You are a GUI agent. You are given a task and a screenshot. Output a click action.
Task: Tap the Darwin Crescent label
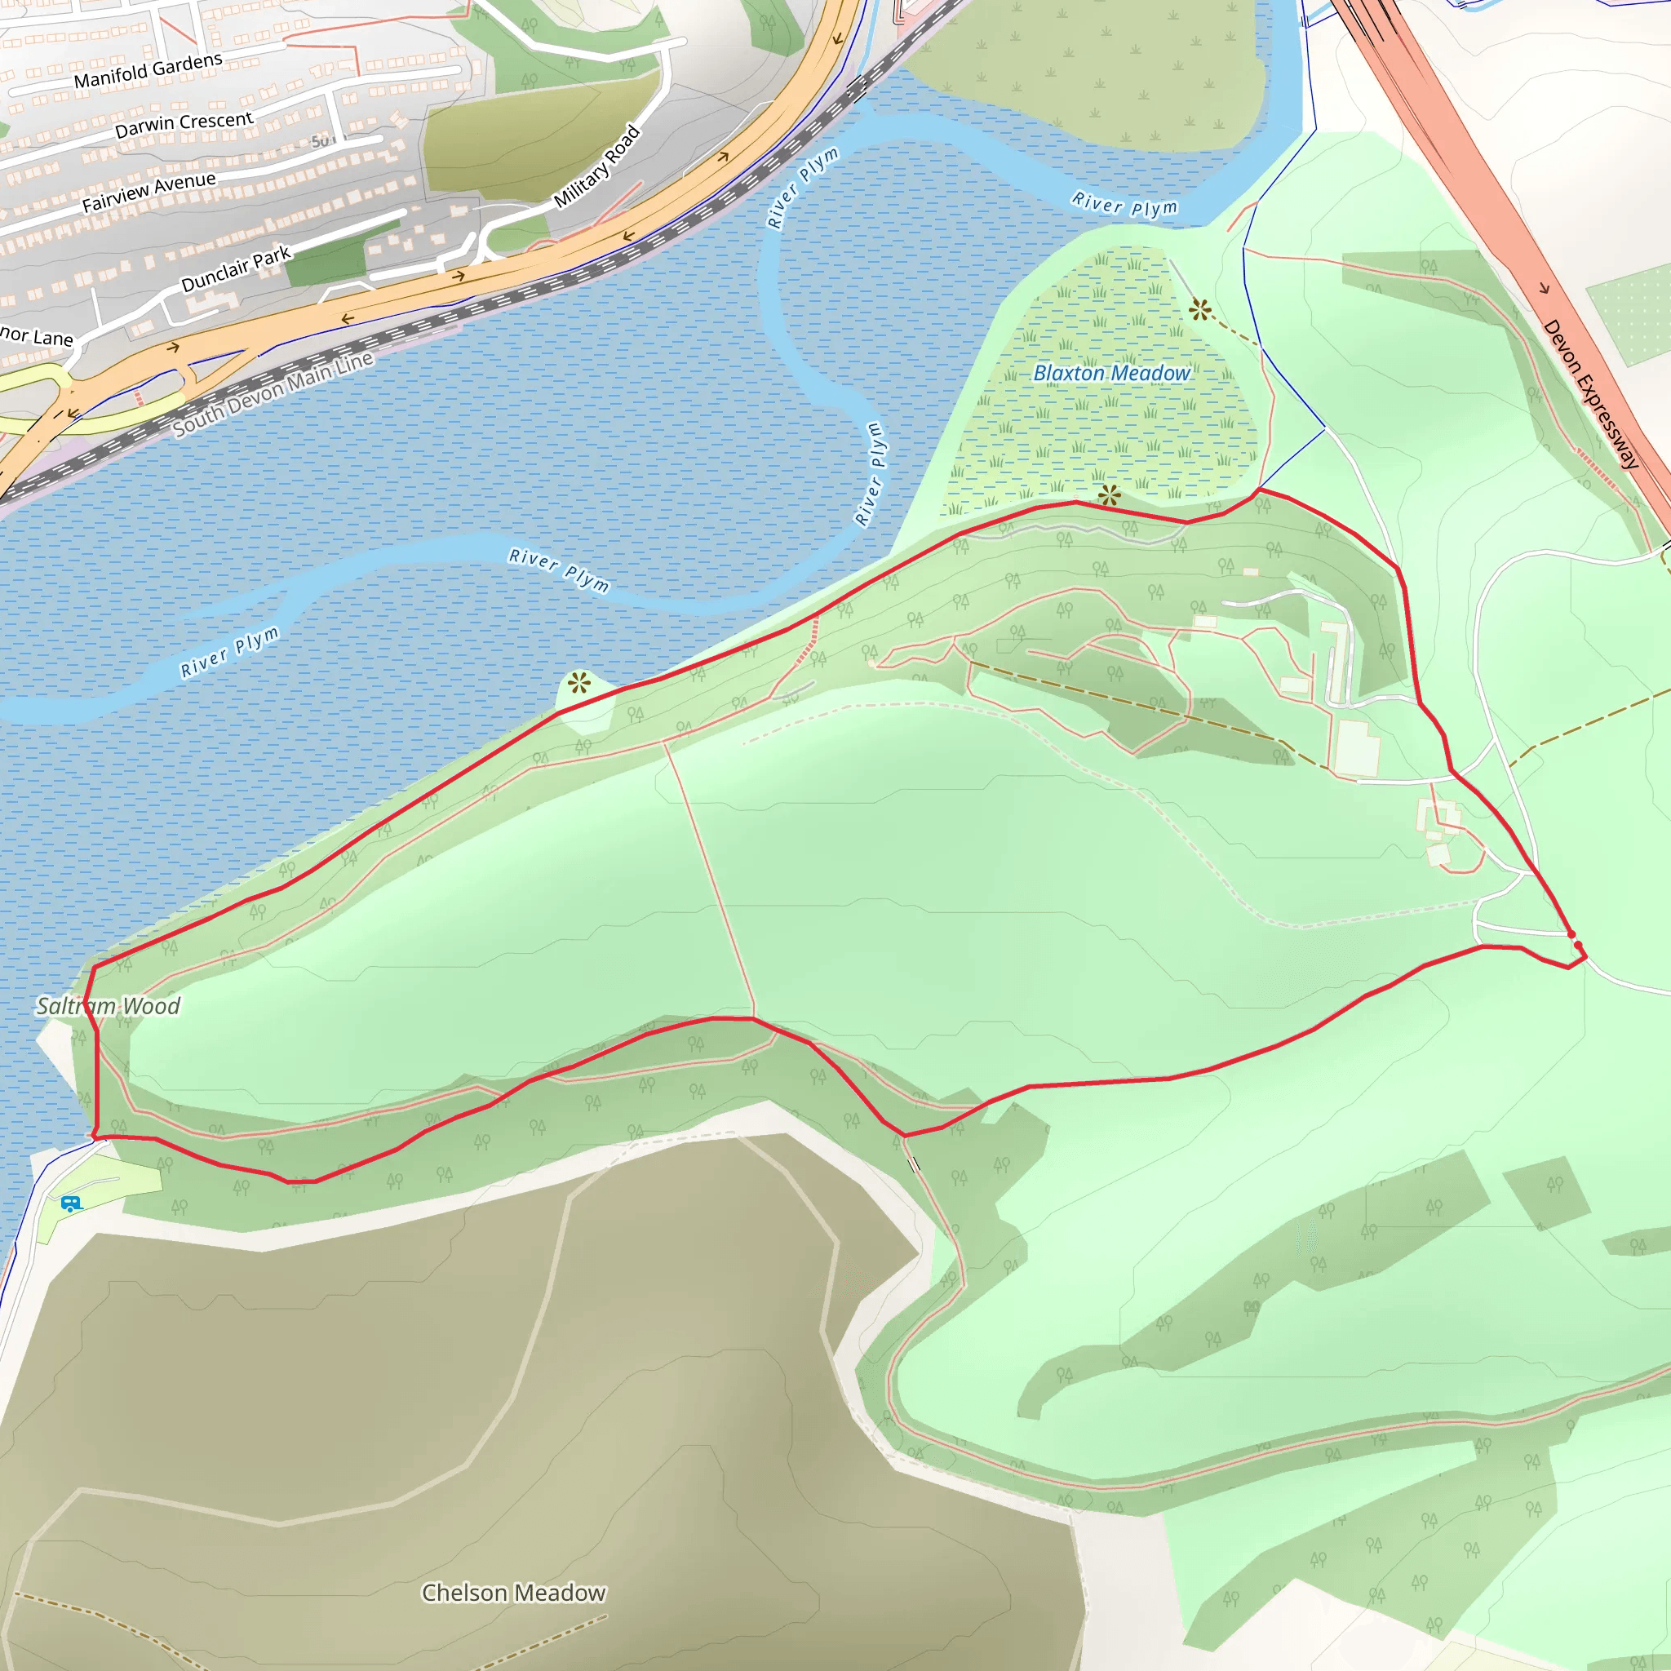pyautogui.click(x=184, y=124)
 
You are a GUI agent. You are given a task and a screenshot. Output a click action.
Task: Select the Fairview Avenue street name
pyautogui.click(x=148, y=192)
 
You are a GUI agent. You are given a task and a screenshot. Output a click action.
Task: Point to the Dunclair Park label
pyautogui.click(x=235, y=270)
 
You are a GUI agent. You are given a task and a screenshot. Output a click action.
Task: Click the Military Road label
pyautogui.click(x=597, y=166)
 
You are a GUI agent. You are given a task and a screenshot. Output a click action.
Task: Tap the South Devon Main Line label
pyautogui.click(x=273, y=393)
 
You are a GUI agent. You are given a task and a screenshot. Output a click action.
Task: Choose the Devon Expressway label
pyautogui.click(x=1589, y=392)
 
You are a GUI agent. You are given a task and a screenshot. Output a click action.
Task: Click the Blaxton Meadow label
pyautogui.click(x=1111, y=373)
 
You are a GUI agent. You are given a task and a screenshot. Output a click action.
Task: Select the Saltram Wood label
pyautogui.click(x=109, y=1005)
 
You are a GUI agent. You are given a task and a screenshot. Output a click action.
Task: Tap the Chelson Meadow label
pyautogui.click(x=513, y=1593)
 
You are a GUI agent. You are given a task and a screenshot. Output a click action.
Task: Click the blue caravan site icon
pyautogui.click(x=71, y=1203)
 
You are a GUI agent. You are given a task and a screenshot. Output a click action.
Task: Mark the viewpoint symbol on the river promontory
pyautogui.click(x=579, y=683)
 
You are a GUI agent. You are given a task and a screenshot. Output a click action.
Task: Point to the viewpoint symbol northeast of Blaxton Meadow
pyautogui.click(x=1199, y=309)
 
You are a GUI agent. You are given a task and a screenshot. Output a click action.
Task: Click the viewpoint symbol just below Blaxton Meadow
pyautogui.click(x=1109, y=495)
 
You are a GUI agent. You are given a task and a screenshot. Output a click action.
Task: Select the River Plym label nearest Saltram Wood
pyautogui.click(x=230, y=650)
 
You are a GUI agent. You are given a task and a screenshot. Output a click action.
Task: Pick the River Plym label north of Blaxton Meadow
pyautogui.click(x=1124, y=204)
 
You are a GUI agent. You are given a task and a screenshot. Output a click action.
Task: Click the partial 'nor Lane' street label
pyautogui.click(x=37, y=335)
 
